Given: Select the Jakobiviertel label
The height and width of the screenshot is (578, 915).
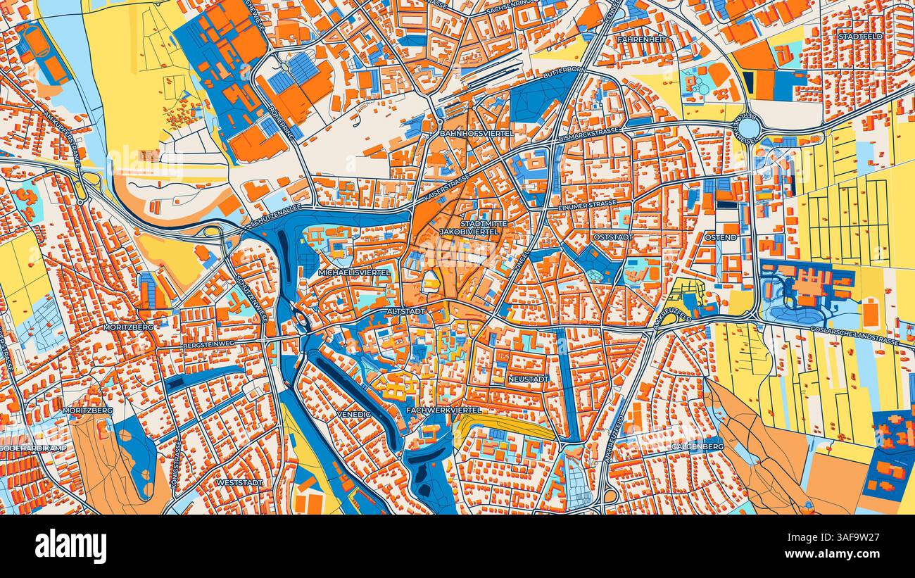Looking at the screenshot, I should point(469,231).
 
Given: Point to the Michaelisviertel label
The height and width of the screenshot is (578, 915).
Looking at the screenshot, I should point(353,272).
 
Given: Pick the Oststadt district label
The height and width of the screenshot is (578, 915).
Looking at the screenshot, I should point(613,237).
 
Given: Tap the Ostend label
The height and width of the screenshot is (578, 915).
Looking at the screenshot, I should point(721,237).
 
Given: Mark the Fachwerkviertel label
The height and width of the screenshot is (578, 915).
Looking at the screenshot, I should point(444,409).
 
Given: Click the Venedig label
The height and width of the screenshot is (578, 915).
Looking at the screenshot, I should point(353,414).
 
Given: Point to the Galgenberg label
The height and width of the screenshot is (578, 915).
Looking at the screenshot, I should point(697,447).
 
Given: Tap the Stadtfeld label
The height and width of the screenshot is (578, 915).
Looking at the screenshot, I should point(860,35).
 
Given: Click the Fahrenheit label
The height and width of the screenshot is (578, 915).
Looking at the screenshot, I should point(641,39).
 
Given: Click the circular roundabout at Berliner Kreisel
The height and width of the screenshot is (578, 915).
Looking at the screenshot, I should point(749,127).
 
